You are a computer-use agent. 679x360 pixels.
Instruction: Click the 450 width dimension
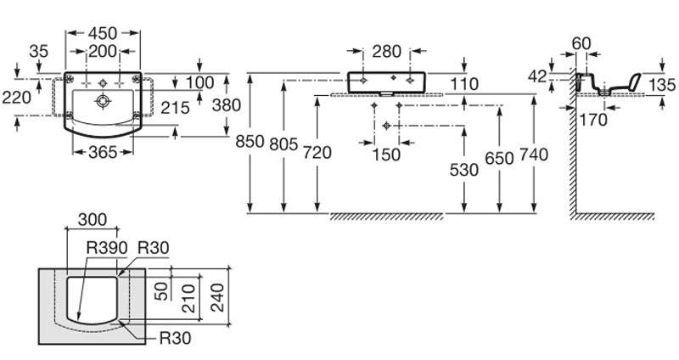click(x=103, y=33)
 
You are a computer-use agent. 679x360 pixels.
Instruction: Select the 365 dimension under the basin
click(x=103, y=152)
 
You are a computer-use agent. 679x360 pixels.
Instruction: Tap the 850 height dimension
click(x=250, y=141)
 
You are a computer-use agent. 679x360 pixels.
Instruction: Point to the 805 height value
click(x=283, y=143)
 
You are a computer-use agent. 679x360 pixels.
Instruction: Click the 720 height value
click(x=317, y=152)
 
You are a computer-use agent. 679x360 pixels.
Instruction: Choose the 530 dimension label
click(x=463, y=170)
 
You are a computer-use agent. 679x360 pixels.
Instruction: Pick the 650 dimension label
click(x=499, y=159)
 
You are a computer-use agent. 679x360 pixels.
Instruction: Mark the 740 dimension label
click(x=534, y=155)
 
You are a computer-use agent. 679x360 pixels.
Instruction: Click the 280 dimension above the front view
click(x=387, y=52)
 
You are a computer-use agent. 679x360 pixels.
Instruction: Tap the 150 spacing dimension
click(x=386, y=155)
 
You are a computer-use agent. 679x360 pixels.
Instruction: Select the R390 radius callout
click(x=107, y=248)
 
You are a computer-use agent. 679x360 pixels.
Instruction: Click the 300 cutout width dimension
click(x=93, y=220)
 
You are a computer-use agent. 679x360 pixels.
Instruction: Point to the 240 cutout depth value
click(x=220, y=298)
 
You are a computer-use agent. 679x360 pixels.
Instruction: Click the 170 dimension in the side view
click(x=593, y=120)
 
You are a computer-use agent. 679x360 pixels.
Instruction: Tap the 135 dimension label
click(x=662, y=85)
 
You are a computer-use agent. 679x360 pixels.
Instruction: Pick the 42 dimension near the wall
click(x=537, y=76)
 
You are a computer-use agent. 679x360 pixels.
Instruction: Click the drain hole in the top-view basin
click(x=103, y=101)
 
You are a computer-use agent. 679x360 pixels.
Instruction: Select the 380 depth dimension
click(x=227, y=105)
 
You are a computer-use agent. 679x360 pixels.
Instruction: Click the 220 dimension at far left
click(x=16, y=98)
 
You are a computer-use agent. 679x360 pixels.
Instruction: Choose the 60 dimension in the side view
click(x=581, y=43)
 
